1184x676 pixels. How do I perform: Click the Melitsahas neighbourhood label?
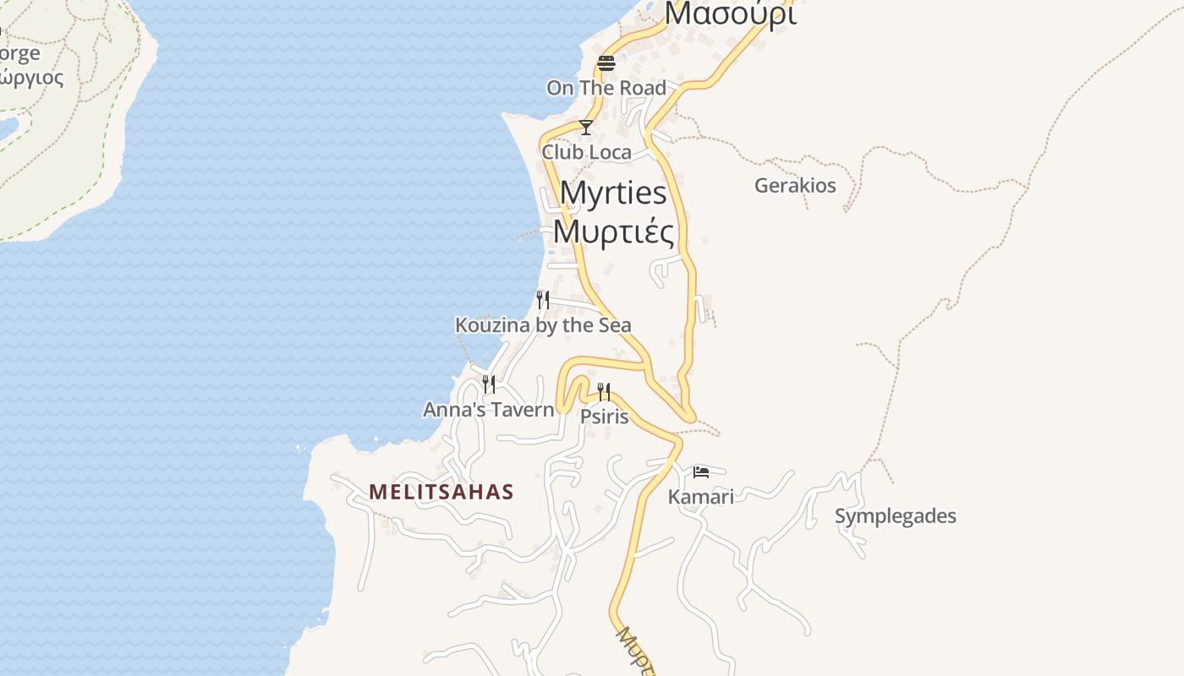point(441,492)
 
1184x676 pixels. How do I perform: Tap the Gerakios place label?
point(795,186)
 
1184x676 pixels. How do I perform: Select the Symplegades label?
point(895,516)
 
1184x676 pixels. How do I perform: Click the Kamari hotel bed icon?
point(700,472)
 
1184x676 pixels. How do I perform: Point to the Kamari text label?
point(700,496)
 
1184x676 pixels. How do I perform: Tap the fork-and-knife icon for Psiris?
point(604,391)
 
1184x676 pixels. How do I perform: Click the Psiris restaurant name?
point(604,416)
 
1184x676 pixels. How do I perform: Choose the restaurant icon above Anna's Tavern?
point(488,384)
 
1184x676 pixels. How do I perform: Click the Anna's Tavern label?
point(488,410)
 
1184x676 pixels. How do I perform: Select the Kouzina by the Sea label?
point(543,325)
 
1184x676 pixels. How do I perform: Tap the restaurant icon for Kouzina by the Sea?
point(543,299)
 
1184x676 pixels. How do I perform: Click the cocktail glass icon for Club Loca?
point(585,128)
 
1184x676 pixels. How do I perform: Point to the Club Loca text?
point(586,152)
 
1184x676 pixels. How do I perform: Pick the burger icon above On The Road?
point(606,63)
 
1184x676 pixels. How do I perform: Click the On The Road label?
point(606,88)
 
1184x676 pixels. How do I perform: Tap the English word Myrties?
point(613,194)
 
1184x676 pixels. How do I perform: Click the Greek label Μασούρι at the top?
point(729,14)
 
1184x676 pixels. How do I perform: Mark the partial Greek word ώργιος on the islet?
point(30,79)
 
